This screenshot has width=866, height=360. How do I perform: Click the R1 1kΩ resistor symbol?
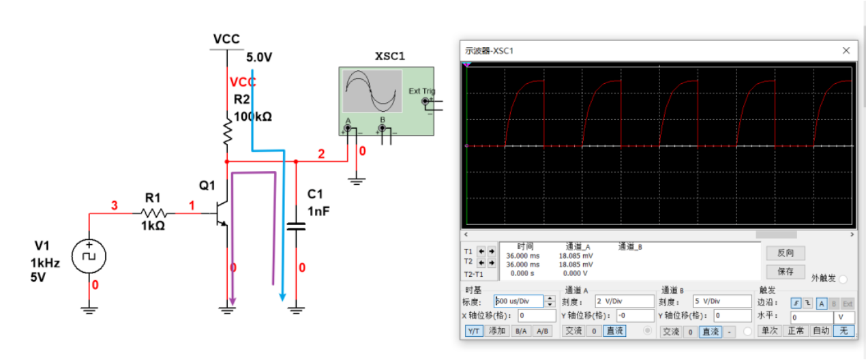coord(153,213)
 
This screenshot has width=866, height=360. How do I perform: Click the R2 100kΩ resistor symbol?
coord(228,131)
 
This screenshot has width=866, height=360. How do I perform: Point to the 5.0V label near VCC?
coord(259,57)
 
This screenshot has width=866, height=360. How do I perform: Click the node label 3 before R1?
coord(115,205)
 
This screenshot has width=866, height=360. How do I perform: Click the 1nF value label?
coord(318,211)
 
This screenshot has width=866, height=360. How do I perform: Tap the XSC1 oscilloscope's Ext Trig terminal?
coord(426,102)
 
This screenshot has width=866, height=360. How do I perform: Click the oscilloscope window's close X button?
coord(846,50)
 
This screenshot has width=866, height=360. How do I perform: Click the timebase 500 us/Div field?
coord(518,301)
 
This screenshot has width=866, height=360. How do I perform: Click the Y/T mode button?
coord(474,331)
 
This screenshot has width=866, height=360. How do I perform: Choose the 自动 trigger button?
coord(821,331)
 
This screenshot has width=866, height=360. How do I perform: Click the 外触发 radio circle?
coord(843,279)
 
